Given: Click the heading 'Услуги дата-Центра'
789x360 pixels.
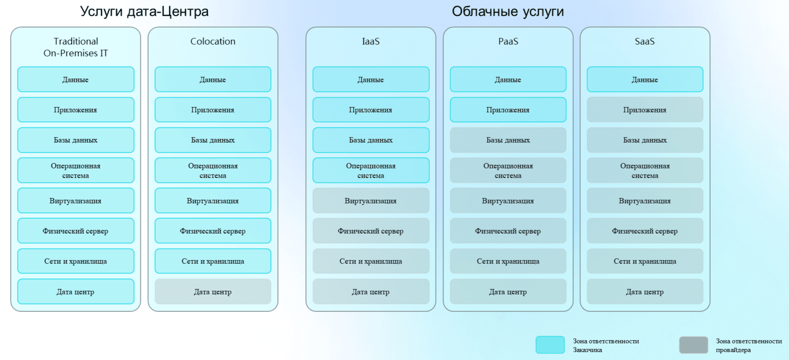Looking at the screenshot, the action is tap(144, 12).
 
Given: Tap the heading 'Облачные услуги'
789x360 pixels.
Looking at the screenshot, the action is tap(508, 11).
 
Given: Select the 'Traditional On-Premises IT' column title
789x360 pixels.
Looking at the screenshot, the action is tap(76, 47).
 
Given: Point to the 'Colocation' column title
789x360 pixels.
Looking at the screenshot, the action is tap(213, 41).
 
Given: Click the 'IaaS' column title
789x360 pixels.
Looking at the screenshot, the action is tap(371, 41).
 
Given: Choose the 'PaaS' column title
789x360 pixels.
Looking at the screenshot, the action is tap(508, 41).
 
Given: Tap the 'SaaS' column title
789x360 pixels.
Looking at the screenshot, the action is tap(645, 41).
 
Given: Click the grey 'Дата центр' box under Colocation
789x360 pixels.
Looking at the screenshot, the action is tap(213, 292).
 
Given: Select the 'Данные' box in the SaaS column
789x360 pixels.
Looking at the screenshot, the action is tap(645, 80).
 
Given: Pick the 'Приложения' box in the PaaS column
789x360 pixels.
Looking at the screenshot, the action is tap(508, 110).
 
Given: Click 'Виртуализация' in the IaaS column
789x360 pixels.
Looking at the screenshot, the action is tap(371, 201).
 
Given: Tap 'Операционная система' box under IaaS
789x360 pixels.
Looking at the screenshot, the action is tap(371, 171).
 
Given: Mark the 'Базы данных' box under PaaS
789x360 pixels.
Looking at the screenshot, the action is tap(508, 140).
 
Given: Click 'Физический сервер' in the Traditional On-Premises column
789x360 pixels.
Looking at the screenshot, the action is tap(76, 231).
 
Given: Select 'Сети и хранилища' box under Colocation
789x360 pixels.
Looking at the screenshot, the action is tap(213, 261).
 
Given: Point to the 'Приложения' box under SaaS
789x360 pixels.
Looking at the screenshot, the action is tap(645, 110).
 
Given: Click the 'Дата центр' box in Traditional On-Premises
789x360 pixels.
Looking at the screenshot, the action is tap(76, 292).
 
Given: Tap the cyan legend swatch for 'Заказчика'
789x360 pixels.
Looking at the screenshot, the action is tap(550, 345).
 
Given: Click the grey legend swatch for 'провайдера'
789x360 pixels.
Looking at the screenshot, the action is tap(694, 345).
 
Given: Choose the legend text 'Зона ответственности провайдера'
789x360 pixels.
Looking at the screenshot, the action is tap(749, 346).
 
